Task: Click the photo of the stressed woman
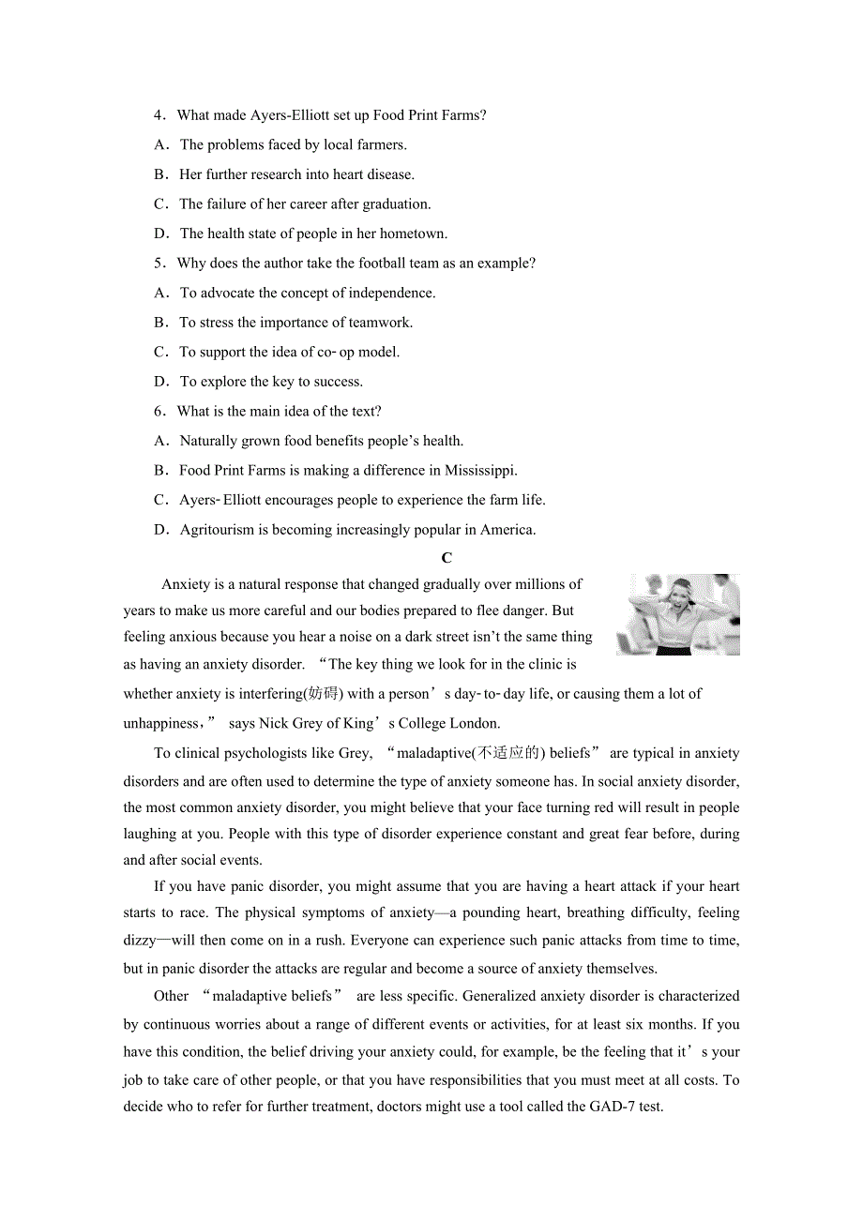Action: [677, 614]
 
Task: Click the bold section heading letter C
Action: [447, 558]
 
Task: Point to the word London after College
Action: [476, 723]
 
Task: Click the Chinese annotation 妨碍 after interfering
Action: [324, 694]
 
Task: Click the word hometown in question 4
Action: [413, 234]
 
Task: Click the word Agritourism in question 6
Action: [218, 530]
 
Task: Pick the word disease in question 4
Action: [390, 174]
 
